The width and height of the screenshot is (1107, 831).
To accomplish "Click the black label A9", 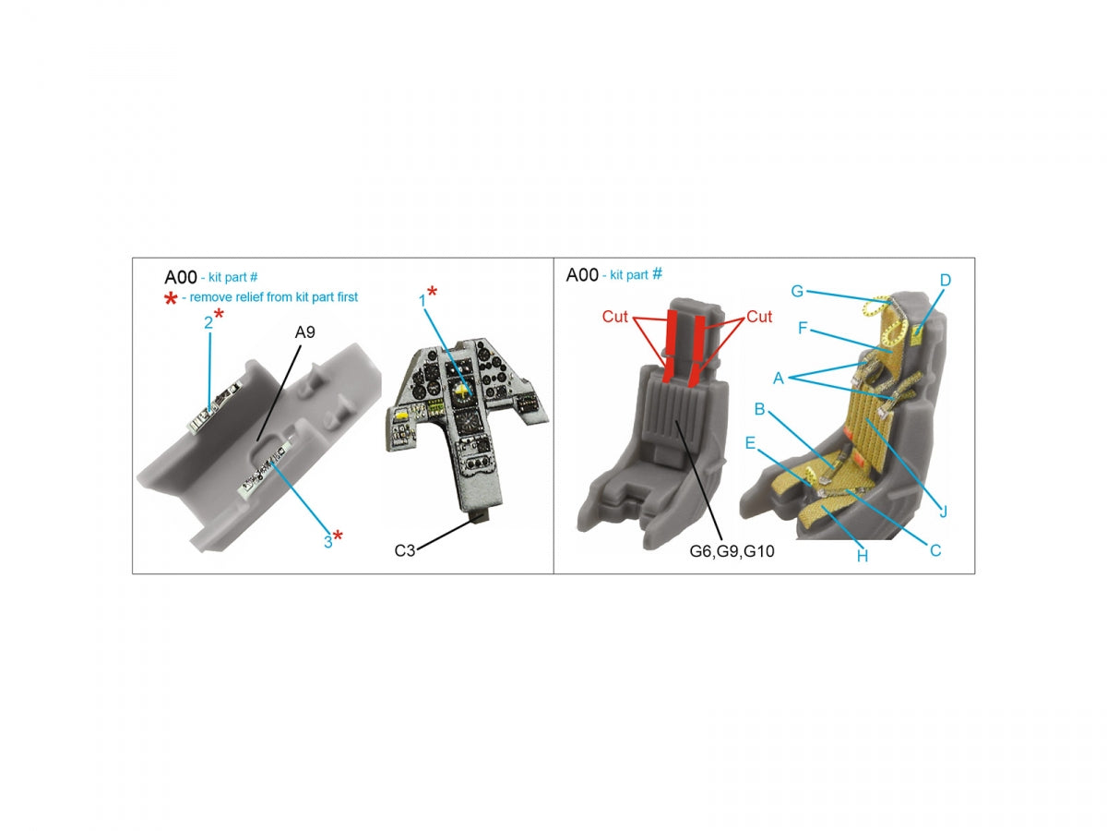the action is coord(304,332).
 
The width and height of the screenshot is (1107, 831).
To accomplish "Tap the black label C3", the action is coord(404,550).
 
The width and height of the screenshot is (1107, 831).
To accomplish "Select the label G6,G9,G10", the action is coord(732,551).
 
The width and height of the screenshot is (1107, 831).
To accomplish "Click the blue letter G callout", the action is coord(797,291).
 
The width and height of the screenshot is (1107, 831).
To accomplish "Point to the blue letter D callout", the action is coord(946,280).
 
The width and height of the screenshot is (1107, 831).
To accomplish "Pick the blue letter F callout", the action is coord(803,329).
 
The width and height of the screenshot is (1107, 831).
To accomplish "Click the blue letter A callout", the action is coord(779,378).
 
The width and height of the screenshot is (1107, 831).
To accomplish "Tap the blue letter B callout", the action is coord(759,409).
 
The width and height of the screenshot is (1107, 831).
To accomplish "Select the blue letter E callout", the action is coord(750,443).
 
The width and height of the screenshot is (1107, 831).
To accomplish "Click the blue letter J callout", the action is coord(943,512).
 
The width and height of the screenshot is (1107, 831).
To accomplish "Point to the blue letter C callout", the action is coord(935,550).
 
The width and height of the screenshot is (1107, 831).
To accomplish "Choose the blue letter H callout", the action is coord(863,557).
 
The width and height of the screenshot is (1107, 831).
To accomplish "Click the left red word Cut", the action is coord(614,317).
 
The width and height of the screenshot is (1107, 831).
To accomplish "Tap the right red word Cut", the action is coord(759,317).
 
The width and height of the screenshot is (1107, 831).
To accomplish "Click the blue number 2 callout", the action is coord(208,323).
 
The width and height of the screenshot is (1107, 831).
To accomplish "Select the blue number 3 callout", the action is coord(327,542).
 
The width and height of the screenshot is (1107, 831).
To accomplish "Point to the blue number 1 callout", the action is coord(423,301).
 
